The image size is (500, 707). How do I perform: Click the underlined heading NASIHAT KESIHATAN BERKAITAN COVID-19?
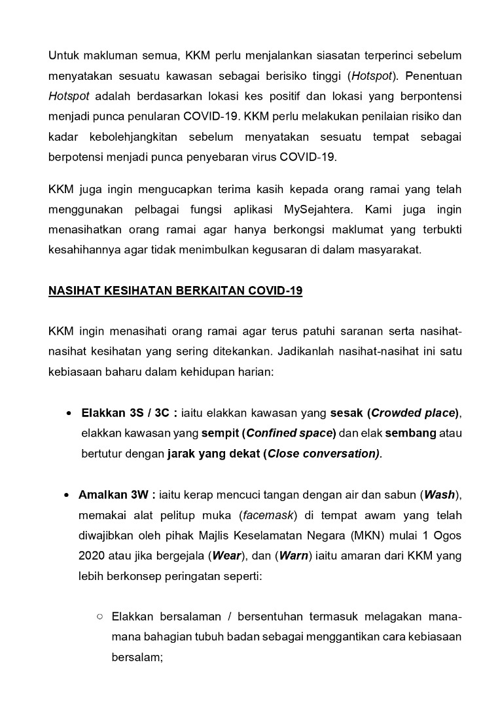coord(175,291)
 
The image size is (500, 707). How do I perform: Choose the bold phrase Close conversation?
coord(322,454)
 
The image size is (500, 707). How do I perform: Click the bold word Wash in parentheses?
coord(440,494)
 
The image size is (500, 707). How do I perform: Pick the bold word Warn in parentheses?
coord(292,555)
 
